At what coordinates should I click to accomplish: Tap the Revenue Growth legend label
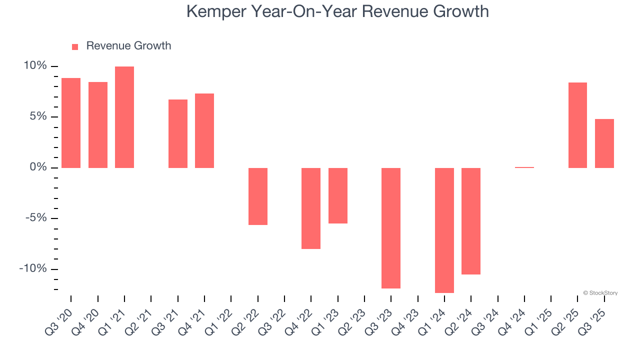coord(128,46)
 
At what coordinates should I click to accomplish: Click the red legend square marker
coord(75,46)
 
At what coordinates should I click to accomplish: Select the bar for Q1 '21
coord(124,117)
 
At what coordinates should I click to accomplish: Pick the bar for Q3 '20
coord(71,122)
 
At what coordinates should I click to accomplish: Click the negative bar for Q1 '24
coord(444,230)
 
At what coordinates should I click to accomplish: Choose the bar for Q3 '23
coord(391,228)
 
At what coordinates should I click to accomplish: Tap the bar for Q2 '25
coord(577,125)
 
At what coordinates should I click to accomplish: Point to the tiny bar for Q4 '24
coord(524,167)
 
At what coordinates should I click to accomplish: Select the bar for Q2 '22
coord(258,196)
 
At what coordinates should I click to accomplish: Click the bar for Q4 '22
coord(311,208)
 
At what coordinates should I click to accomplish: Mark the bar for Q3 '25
coord(604,143)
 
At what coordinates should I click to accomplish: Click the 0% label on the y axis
coord(38,167)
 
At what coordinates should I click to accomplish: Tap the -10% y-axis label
coord(33,269)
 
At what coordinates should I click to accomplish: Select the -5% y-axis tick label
coord(36,218)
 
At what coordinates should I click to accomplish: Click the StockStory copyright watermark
coord(600,293)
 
